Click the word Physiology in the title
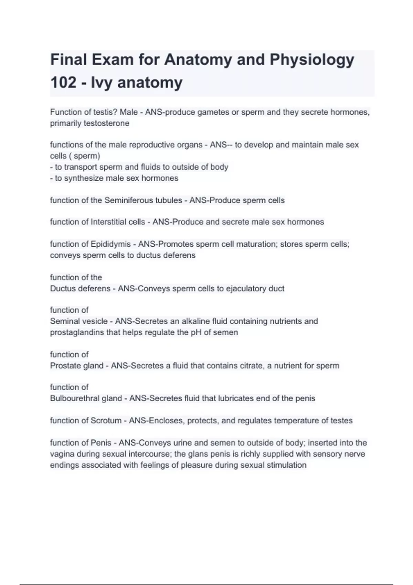[312, 60]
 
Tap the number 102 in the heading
[63, 83]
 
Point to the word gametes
[213, 112]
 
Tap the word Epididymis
[110, 244]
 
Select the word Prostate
[65, 365]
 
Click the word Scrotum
[106, 421]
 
